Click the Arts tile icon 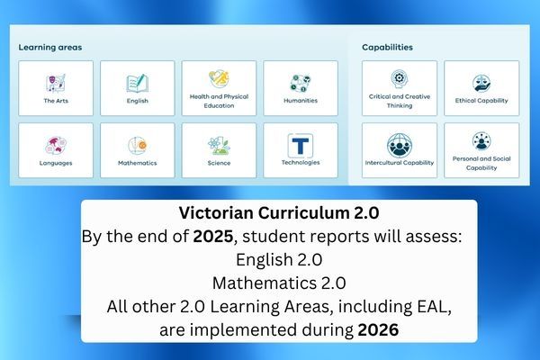click(x=56, y=83)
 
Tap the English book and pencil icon click(x=138, y=84)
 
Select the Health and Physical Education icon click(x=219, y=79)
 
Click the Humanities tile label click(x=301, y=101)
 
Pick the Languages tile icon click(x=56, y=146)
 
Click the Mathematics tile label click(x=138, y=163)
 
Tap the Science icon click(x=219, y=146)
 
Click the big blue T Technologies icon click(x=301, y=146)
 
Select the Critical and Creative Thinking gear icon click(x=400, y=79)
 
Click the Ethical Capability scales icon click(x=481, y=83)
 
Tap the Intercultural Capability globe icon click(x=400, y=146)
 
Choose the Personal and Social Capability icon click(x=481, y=141)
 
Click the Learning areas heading click(x=50, y=47)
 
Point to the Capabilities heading click(x=387, y=47)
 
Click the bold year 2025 click(x=213, y=237)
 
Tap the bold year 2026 click(x=378, y=329)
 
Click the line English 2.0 click(x=279, y=259)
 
